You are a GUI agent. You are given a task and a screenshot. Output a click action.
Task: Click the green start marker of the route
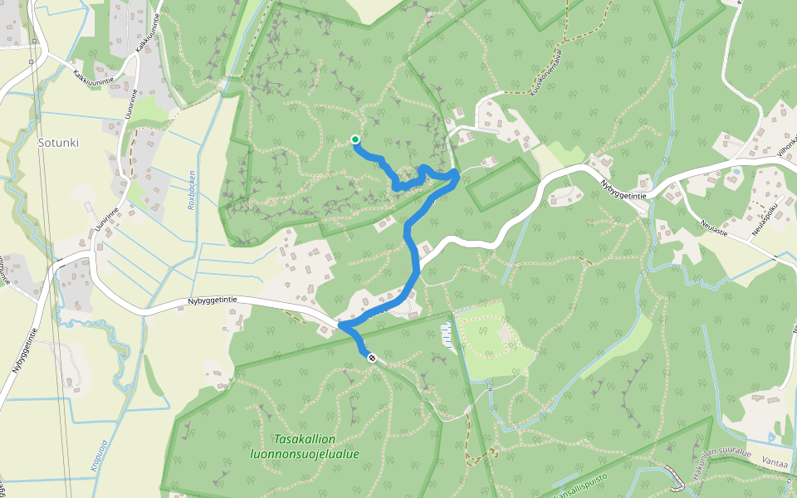355,139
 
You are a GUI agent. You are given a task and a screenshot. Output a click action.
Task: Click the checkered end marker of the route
372,359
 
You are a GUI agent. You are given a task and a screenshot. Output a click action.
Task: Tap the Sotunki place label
58,142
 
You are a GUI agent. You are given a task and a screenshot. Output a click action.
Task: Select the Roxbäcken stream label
192,189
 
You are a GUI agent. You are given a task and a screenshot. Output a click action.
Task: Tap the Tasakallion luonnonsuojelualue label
304,447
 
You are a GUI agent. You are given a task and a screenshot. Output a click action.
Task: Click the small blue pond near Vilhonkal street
735,172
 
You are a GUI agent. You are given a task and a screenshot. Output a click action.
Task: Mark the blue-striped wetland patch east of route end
448,334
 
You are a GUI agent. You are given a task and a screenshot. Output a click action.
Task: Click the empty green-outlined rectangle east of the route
502,183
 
